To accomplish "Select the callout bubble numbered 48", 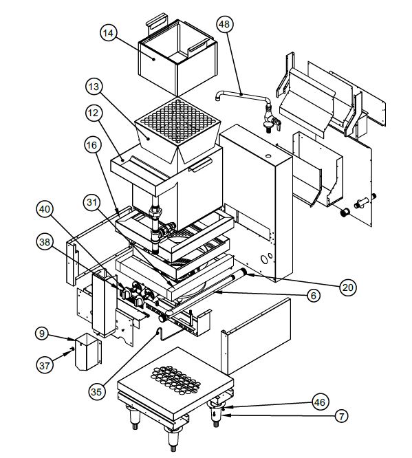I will [224, 25].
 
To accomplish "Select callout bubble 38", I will [45, 242].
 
